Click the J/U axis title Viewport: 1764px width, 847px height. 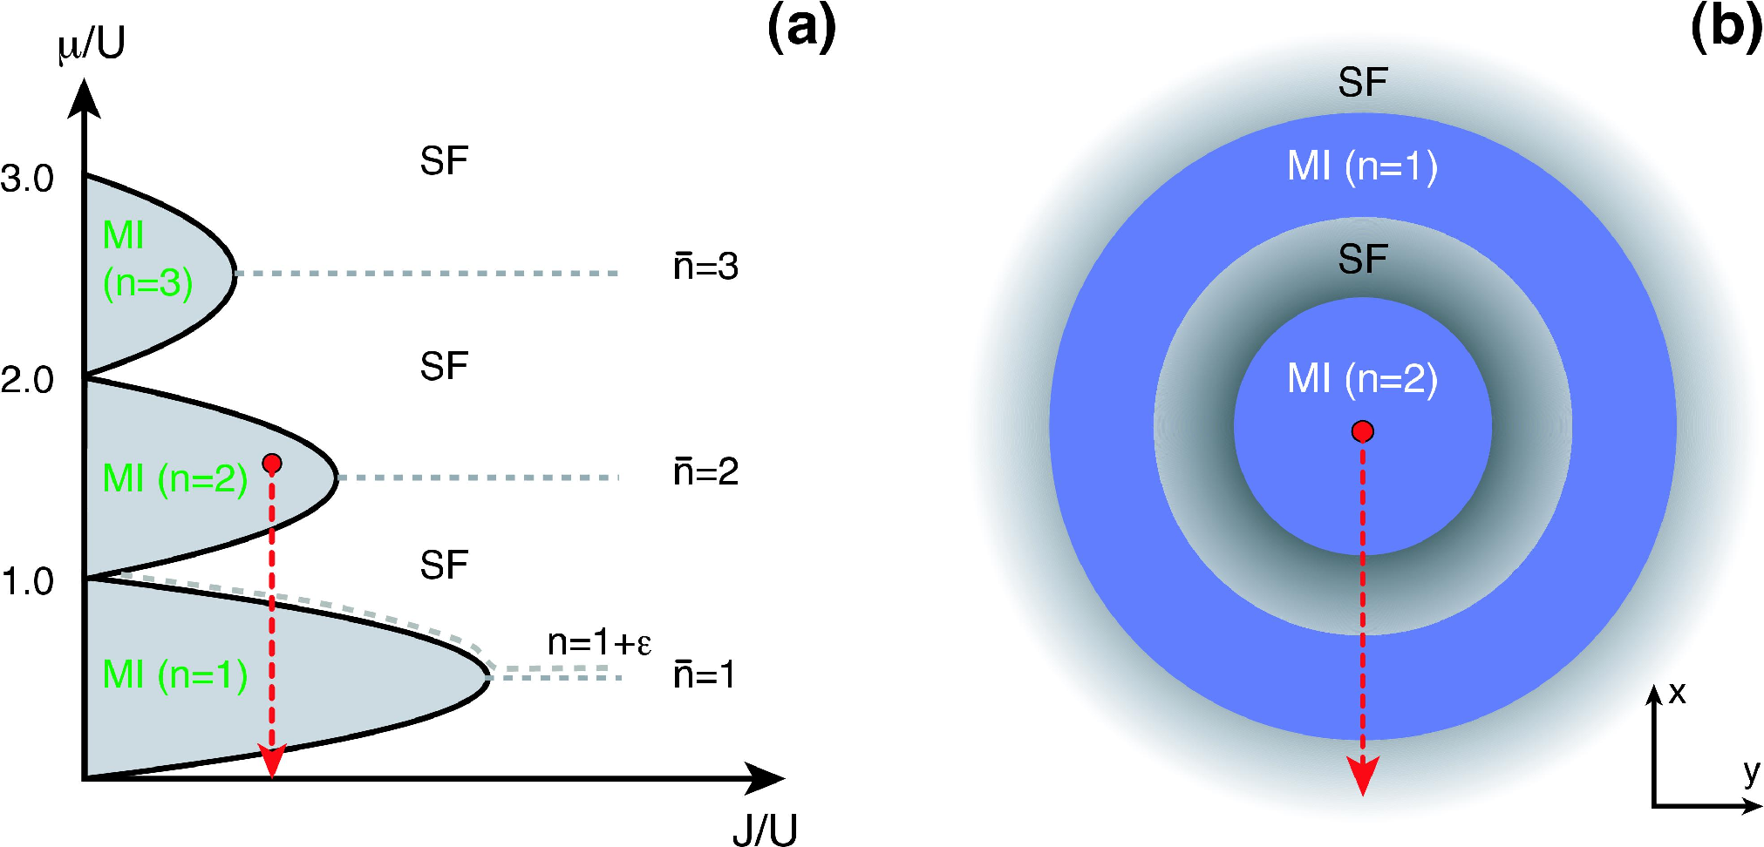[x=765, y=830]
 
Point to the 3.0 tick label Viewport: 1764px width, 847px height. [x=27, y=179]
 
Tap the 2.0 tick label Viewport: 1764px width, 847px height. [x=27, y=380]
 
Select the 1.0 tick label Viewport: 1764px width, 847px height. [x=28, y=581]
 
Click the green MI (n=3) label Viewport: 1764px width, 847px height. [x=147, y=260]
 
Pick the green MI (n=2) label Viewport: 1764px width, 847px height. [x=175, y=478]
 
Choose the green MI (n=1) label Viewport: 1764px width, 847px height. [x=175, y=675]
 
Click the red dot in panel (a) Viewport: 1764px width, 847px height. [x=272, y=464]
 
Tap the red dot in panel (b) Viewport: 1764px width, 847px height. [x=1363, y=431]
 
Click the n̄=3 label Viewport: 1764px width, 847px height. [x=705, y=267]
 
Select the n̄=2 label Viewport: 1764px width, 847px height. [x=705, y=472]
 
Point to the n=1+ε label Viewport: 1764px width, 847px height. [x=599, y=643]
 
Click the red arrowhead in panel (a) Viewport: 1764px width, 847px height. [x=272, y=761]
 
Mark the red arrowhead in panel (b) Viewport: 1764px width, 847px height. [x=1363, y=776]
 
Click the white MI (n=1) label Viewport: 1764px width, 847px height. [x=1363, y=166]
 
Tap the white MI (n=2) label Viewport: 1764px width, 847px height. [x=1363, y=379]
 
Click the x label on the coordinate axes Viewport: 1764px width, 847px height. [x=1677, y=694]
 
